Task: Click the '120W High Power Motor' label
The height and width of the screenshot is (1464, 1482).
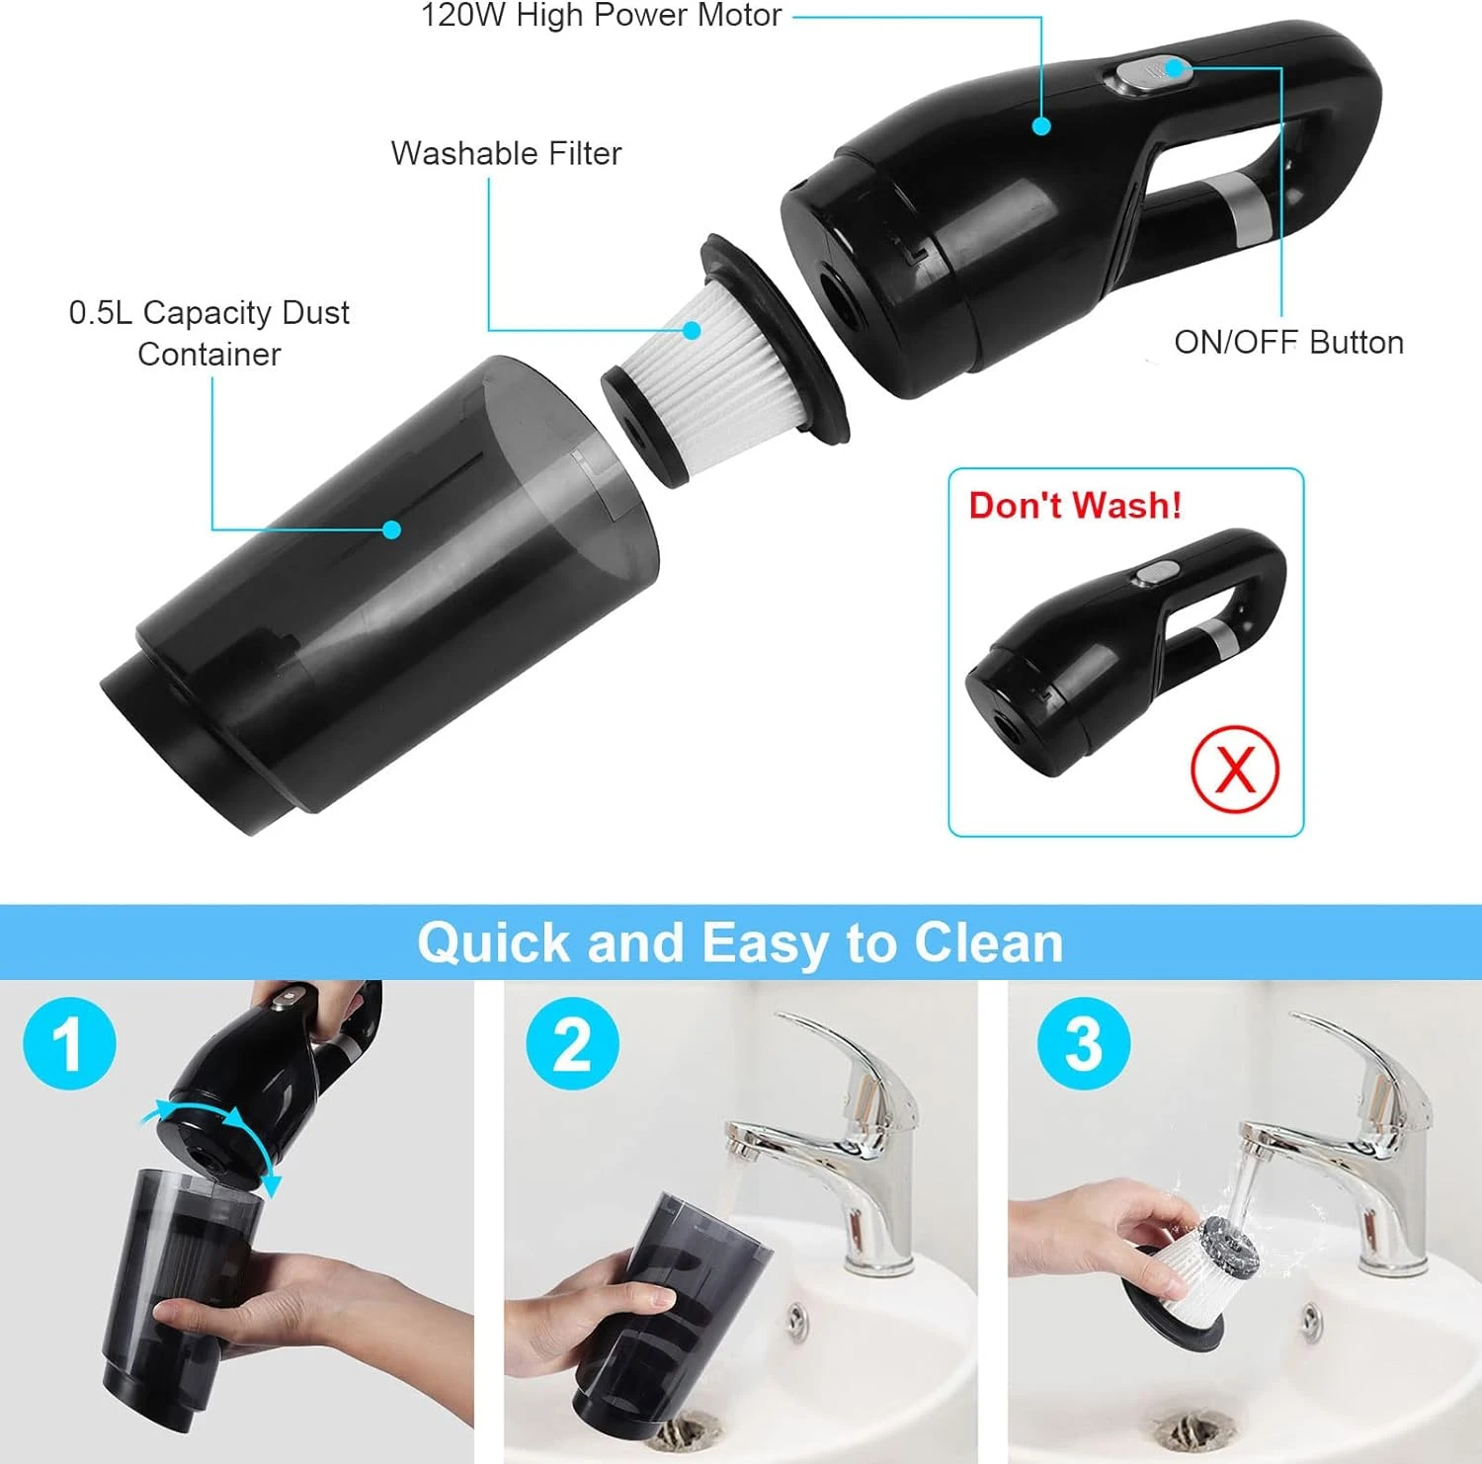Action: coord(601,16)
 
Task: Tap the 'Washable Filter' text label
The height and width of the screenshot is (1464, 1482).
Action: coord(506,153)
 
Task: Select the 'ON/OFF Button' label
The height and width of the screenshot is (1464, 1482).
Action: coord(1288,342)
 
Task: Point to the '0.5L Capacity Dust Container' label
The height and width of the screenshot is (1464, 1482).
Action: coord(209,333)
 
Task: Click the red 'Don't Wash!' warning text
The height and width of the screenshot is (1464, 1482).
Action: coord(1075,505)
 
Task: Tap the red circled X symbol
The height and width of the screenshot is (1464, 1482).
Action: coord(1234,769)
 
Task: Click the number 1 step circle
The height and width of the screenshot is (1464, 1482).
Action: coord(69,1044)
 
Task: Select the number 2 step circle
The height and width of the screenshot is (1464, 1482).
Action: coord(572,1044)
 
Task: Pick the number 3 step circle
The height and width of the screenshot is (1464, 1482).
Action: coord(1083,1044)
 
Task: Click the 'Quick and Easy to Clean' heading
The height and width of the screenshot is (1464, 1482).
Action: coord(740,942)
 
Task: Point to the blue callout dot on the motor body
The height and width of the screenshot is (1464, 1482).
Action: coord(1040,125)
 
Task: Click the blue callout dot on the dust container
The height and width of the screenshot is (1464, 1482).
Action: coord(391,529)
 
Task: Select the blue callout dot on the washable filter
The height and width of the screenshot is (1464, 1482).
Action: coord(693,330)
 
